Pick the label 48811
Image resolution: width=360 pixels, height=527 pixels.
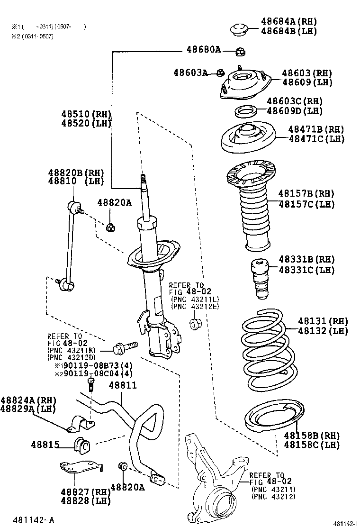point(123,385)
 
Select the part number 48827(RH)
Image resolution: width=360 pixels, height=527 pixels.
point(85,491)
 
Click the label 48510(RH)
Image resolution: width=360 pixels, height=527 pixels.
point(86,114)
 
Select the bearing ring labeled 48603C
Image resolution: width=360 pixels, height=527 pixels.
point(246,112)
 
